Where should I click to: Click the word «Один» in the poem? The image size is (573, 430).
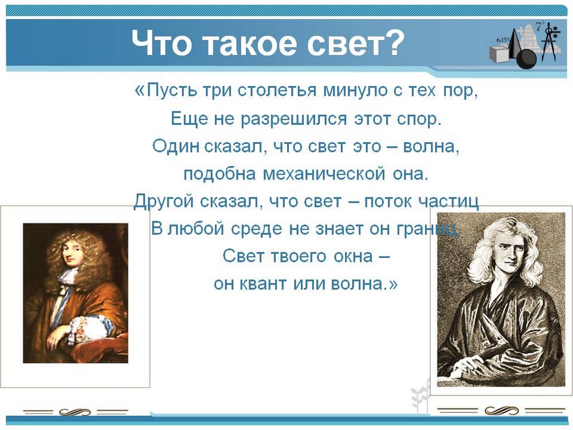[175, 146]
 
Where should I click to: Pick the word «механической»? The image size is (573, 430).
[324, 174]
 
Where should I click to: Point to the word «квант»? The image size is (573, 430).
[262, 284]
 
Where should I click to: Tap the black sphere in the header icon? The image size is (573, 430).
[526, 59]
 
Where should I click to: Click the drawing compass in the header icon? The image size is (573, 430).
[549, 43]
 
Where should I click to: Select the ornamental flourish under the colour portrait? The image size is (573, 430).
[75, 412]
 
